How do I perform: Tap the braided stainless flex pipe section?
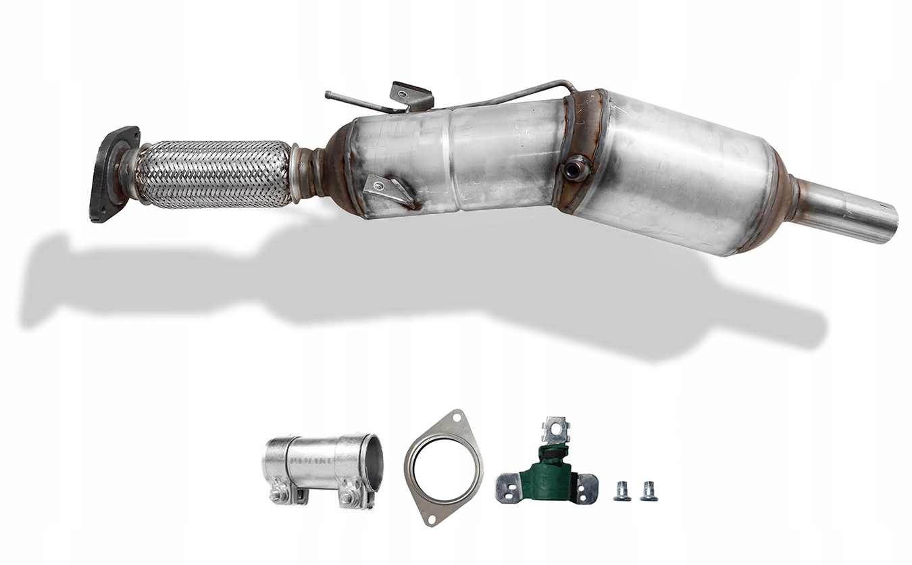click(213, 174)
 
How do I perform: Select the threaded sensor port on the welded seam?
click(576, 168)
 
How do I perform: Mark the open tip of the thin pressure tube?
click(328, 94)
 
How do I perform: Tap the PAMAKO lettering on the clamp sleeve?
click(311, 461)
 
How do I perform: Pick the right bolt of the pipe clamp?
click(347, 498)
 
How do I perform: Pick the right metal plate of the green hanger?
click(586, 487)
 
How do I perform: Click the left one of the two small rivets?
click(622, 491)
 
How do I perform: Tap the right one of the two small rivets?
click(649, 491)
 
